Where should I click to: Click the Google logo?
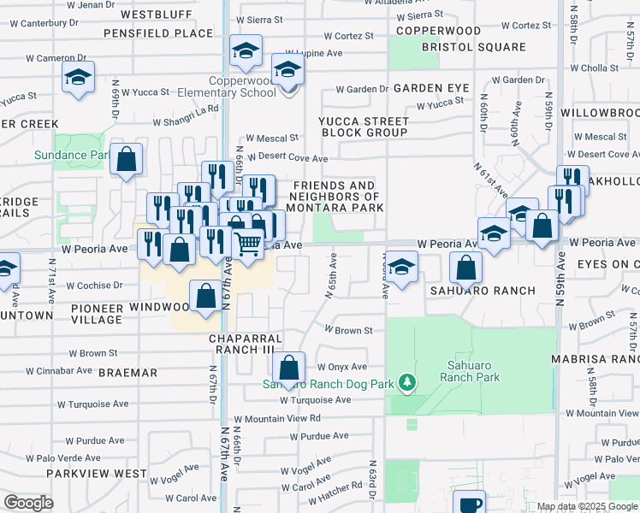28,503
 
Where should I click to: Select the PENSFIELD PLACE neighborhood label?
158,33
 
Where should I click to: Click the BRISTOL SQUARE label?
473,47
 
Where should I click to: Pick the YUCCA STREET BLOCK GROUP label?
364,127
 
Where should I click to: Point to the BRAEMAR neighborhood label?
127,373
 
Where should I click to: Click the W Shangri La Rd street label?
187,115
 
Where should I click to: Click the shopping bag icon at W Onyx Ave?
290,369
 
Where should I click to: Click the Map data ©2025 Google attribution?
586,506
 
